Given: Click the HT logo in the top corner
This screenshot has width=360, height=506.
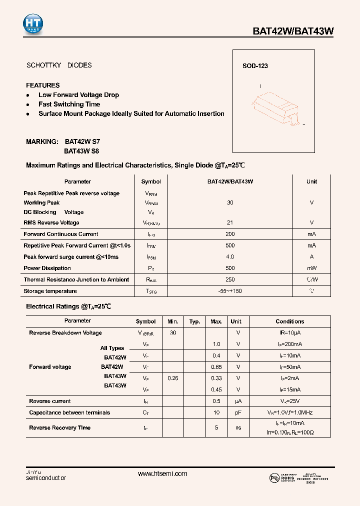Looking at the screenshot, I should point(33,24).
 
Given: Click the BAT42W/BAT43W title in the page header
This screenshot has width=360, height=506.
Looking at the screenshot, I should point(292,31).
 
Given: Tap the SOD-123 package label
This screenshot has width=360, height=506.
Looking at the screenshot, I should point(255,66).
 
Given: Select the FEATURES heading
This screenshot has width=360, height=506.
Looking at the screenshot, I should point(43,85).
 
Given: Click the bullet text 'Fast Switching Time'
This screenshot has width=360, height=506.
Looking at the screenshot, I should point(69,104).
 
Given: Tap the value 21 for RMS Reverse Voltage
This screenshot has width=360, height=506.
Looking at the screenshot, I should point(230,222).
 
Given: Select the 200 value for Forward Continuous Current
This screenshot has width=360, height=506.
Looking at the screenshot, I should point(230,234).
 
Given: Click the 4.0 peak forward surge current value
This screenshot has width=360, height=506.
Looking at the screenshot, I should point(230,257).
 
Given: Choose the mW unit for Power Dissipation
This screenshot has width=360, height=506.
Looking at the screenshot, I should point(311,268).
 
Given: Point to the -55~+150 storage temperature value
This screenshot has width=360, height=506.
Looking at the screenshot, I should point(230,291).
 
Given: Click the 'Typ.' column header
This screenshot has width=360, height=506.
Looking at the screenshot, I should point(195,321).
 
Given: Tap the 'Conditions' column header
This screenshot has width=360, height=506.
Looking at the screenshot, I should point(289,321).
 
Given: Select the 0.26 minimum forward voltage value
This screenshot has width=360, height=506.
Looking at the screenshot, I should point(172,378).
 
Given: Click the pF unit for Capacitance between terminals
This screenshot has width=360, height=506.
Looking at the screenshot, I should point(238,413).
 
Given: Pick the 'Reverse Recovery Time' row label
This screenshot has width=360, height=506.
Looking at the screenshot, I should point(59,428).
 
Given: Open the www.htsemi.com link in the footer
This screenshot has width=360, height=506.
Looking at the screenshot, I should point(162,474).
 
